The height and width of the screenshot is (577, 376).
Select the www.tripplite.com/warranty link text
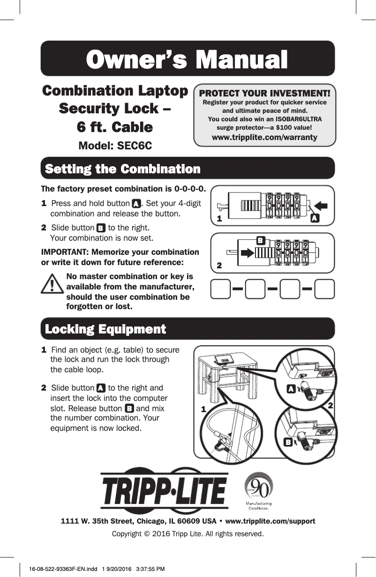click(x=264, y=137)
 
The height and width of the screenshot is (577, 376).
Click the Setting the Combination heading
click(x=123, y=169)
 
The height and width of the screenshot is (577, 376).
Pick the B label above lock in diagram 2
click(x=261, y=240)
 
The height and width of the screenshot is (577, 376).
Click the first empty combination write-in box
click(x=221, y=289)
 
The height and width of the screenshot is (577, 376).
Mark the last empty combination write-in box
click(x=325, y=289)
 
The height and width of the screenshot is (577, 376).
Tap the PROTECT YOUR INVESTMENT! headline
click(x=265, y=94)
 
